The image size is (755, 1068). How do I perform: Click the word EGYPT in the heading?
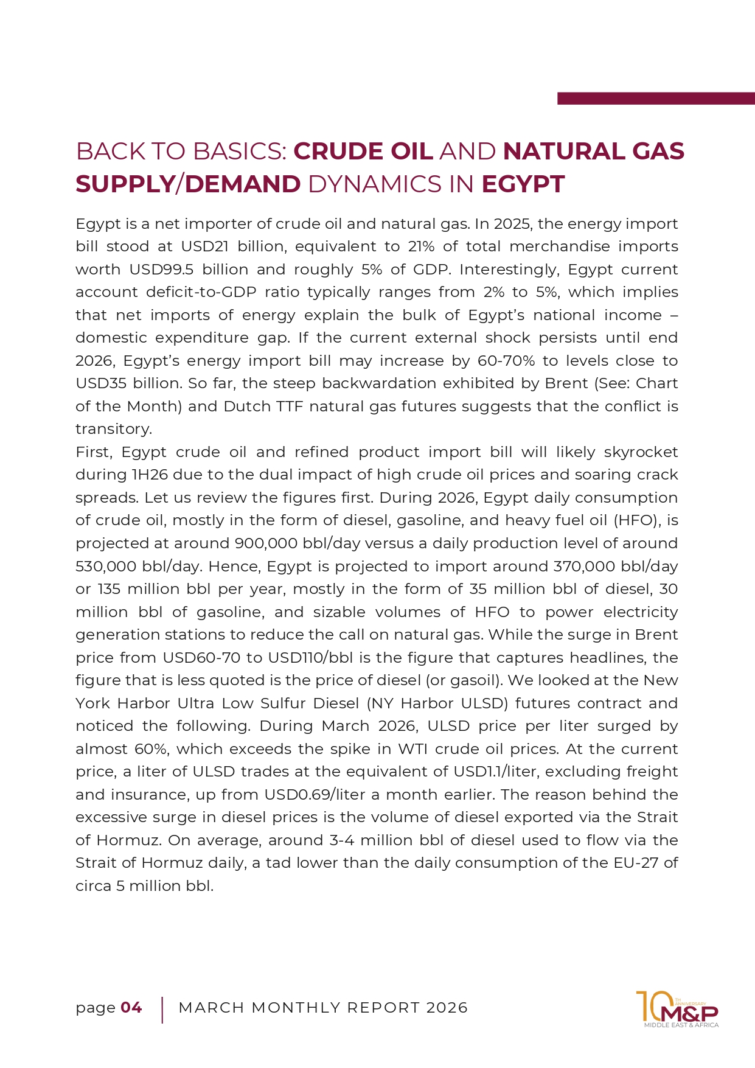(523, 184)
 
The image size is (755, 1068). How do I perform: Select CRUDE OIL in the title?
(363, 152)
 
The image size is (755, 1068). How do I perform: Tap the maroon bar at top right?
(655, 99)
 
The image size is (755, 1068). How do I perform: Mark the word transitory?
(113, 429)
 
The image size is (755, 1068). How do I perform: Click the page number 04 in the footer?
(131, 1008)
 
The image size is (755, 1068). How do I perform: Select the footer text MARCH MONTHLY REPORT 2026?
(323, 1008)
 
